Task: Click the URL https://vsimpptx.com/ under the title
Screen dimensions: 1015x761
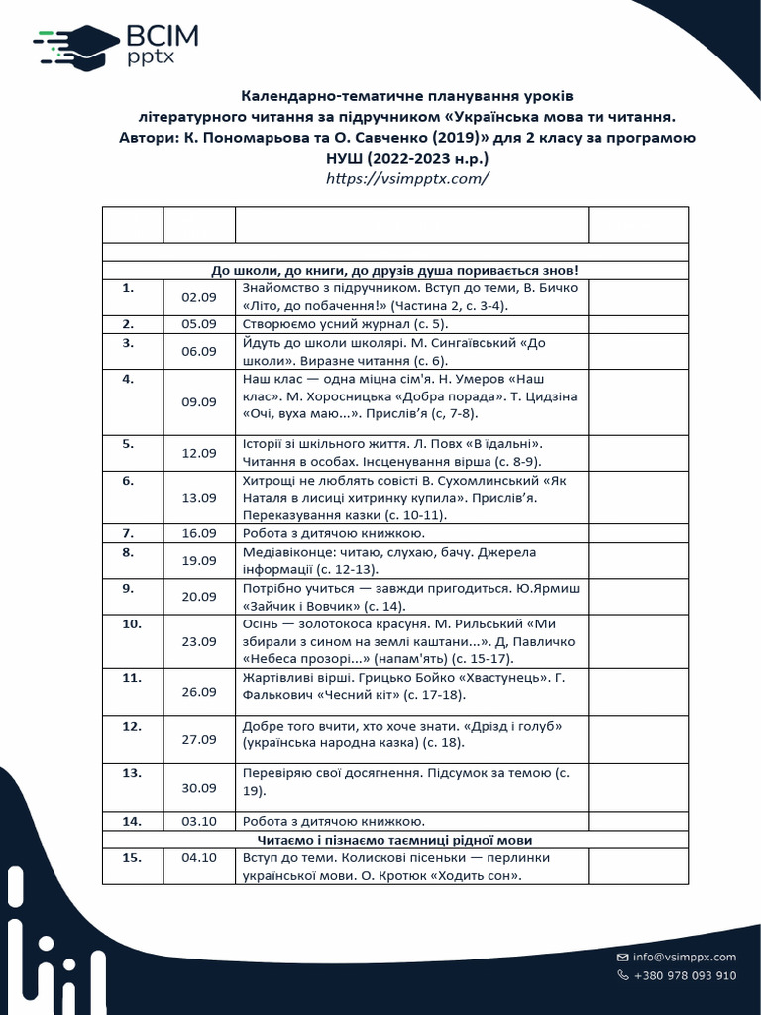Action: [x=408, y=178]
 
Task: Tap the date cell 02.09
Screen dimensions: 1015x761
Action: [x=198, y=297]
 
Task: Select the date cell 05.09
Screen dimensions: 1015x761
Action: [x=198, y=323]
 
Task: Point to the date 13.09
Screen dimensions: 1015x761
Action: [x=198, y=498]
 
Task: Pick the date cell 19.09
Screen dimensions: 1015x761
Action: [x=198, y=560]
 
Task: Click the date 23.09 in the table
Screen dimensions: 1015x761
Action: [x=198, y=640]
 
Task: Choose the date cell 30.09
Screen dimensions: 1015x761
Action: [x=198, y=788]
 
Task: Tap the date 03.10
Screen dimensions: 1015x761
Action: [x=198, y=821]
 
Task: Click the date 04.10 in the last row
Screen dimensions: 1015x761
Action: [x=198, y=858]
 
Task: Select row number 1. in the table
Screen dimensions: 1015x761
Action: [x=127, y=288]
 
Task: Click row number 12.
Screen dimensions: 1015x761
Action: [x=131, y=726]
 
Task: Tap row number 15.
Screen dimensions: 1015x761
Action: [x=131, y=858]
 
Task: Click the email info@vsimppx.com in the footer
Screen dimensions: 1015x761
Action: [x=685, y=957]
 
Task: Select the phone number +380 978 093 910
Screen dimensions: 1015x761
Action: [x=685, y=975]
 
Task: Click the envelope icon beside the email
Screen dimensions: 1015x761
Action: [x=622, y=957]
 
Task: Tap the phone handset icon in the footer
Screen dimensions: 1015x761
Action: [x=622, y=975]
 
